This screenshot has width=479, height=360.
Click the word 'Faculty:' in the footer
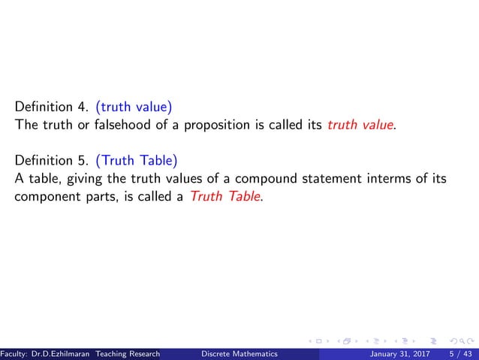[x=14, y=354]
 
